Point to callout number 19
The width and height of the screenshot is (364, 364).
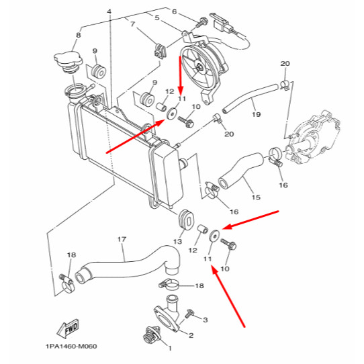(x=256, y=115)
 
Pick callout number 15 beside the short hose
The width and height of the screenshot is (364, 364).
(x=256, y=197)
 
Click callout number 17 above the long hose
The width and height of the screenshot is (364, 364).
(x=122, y=239)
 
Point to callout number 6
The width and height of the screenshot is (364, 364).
(x=174, y=12)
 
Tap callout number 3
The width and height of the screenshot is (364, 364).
(x=206, y=321)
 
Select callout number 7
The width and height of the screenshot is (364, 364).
(x=132, y=25)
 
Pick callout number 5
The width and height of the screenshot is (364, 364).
(x=156, y=18)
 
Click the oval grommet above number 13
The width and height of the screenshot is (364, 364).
(x=182, y=220)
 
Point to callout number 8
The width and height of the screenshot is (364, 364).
(x=78, y=35)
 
